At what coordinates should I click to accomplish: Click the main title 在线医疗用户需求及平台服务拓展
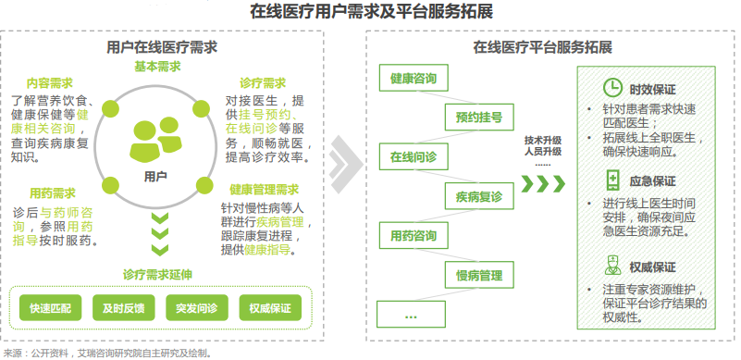click(x=370, y=12)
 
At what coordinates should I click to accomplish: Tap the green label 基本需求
click(x=157, y=67)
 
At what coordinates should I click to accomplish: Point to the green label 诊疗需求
click(x=262, y=82)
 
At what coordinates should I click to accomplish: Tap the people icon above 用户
click(x=156, y=138)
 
